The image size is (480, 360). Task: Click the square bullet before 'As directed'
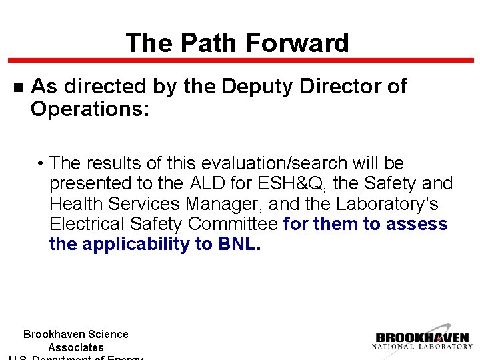click(x=18, y=87)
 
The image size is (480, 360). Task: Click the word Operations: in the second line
click(x=90, y=109)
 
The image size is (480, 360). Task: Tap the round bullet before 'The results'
click(x=41, y=164)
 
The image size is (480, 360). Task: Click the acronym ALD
click(x=209, y=183)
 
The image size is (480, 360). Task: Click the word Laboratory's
click(x=393, y=203)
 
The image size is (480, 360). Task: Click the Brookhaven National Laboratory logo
click(x=423, y=340)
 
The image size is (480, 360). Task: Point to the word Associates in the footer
click(x=75, y=347)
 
